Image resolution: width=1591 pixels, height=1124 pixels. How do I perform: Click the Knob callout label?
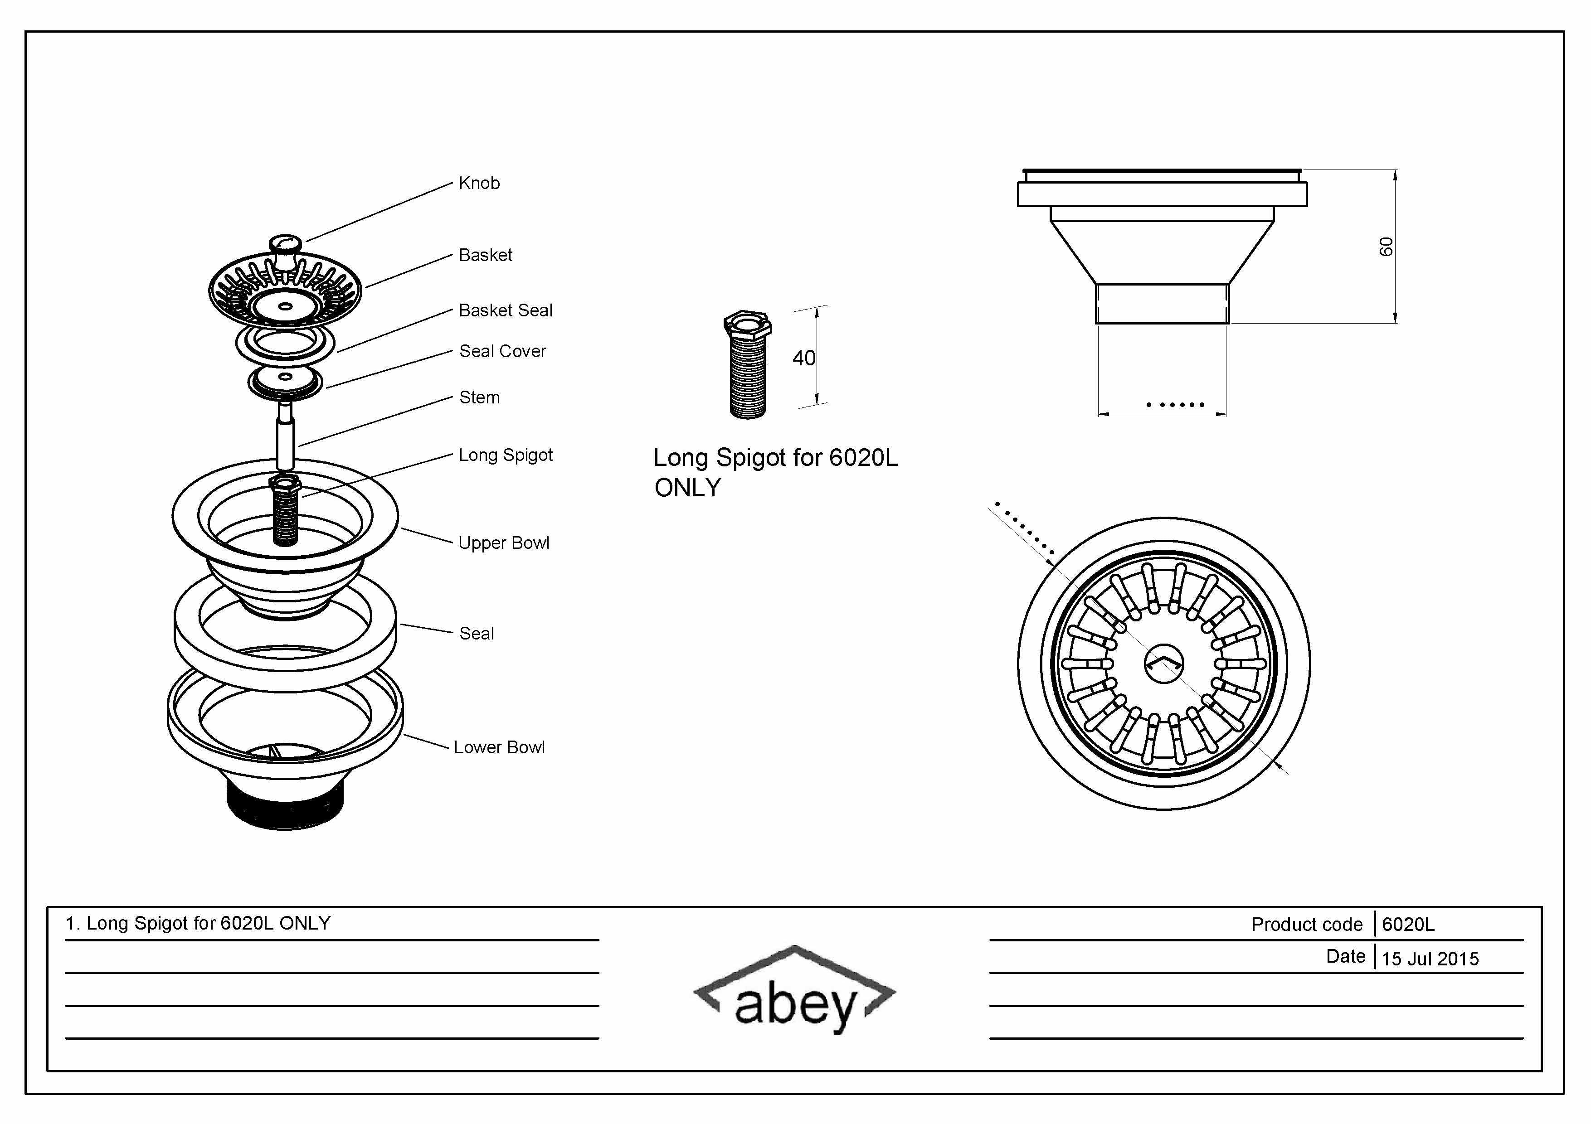479,183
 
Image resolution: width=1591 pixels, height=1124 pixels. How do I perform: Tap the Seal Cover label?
502,351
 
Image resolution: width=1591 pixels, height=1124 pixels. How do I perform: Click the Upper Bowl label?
504,543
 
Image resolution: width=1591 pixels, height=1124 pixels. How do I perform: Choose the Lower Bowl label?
499,747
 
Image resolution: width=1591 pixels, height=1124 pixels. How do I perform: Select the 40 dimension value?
804,358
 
